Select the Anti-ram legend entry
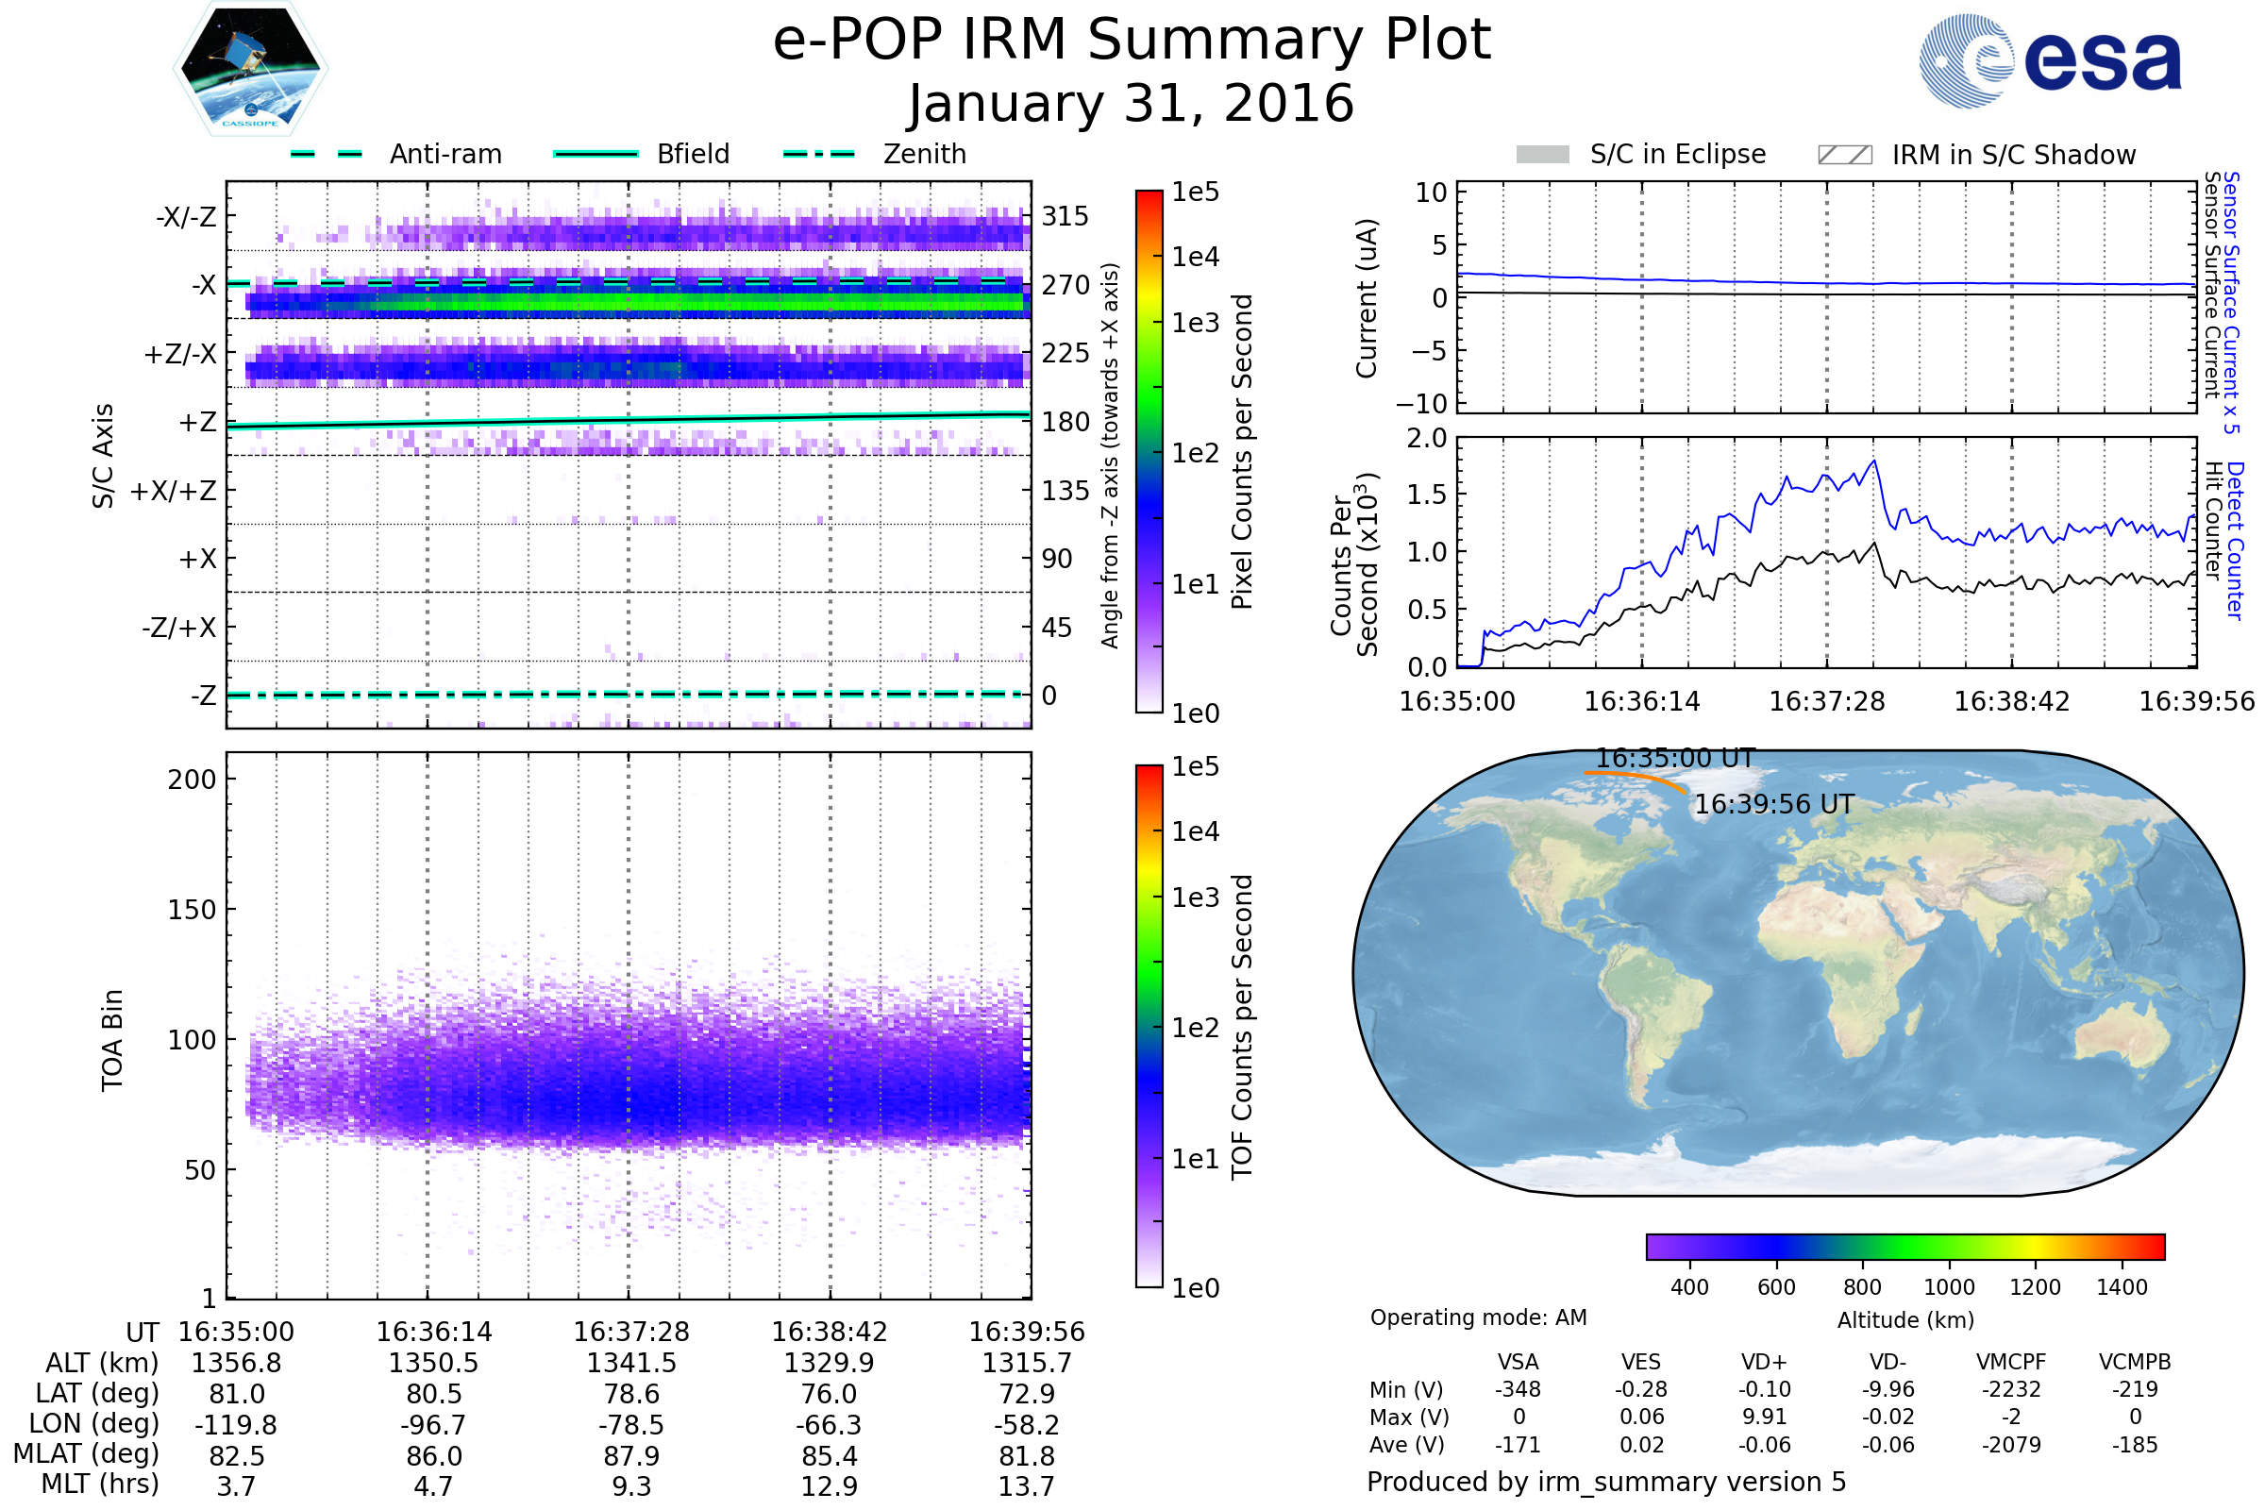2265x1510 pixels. [x=445, y=154]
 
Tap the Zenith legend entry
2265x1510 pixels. [x=924, y=154]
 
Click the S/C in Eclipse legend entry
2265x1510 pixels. [x=1677, y=154]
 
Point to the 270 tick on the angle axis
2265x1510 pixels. [x=1065, y=285]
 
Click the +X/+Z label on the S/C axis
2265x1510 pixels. [x=174, y=491]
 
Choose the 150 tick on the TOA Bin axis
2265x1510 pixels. [x=192, y=910]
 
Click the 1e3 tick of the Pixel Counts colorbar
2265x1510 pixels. [x=1195, y=323]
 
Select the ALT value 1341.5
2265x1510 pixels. [x=630, y=1363]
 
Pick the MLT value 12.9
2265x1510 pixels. [x=829, y=1485]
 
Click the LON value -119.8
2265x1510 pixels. [x=236, y=1424]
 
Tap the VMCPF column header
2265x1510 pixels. [x=2011, y=1362]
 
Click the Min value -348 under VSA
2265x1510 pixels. [x=1518, y=1389]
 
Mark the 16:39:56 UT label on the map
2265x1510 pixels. [x=1773, y=804]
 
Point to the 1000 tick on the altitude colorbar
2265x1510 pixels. [x=1948, y=1286]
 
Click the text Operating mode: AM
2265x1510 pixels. [x=1478, y=1317]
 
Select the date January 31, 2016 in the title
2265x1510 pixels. [x=1131, y=104]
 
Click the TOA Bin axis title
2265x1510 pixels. [x=111, y=1040]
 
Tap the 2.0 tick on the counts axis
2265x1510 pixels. [x=1426, y=438]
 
